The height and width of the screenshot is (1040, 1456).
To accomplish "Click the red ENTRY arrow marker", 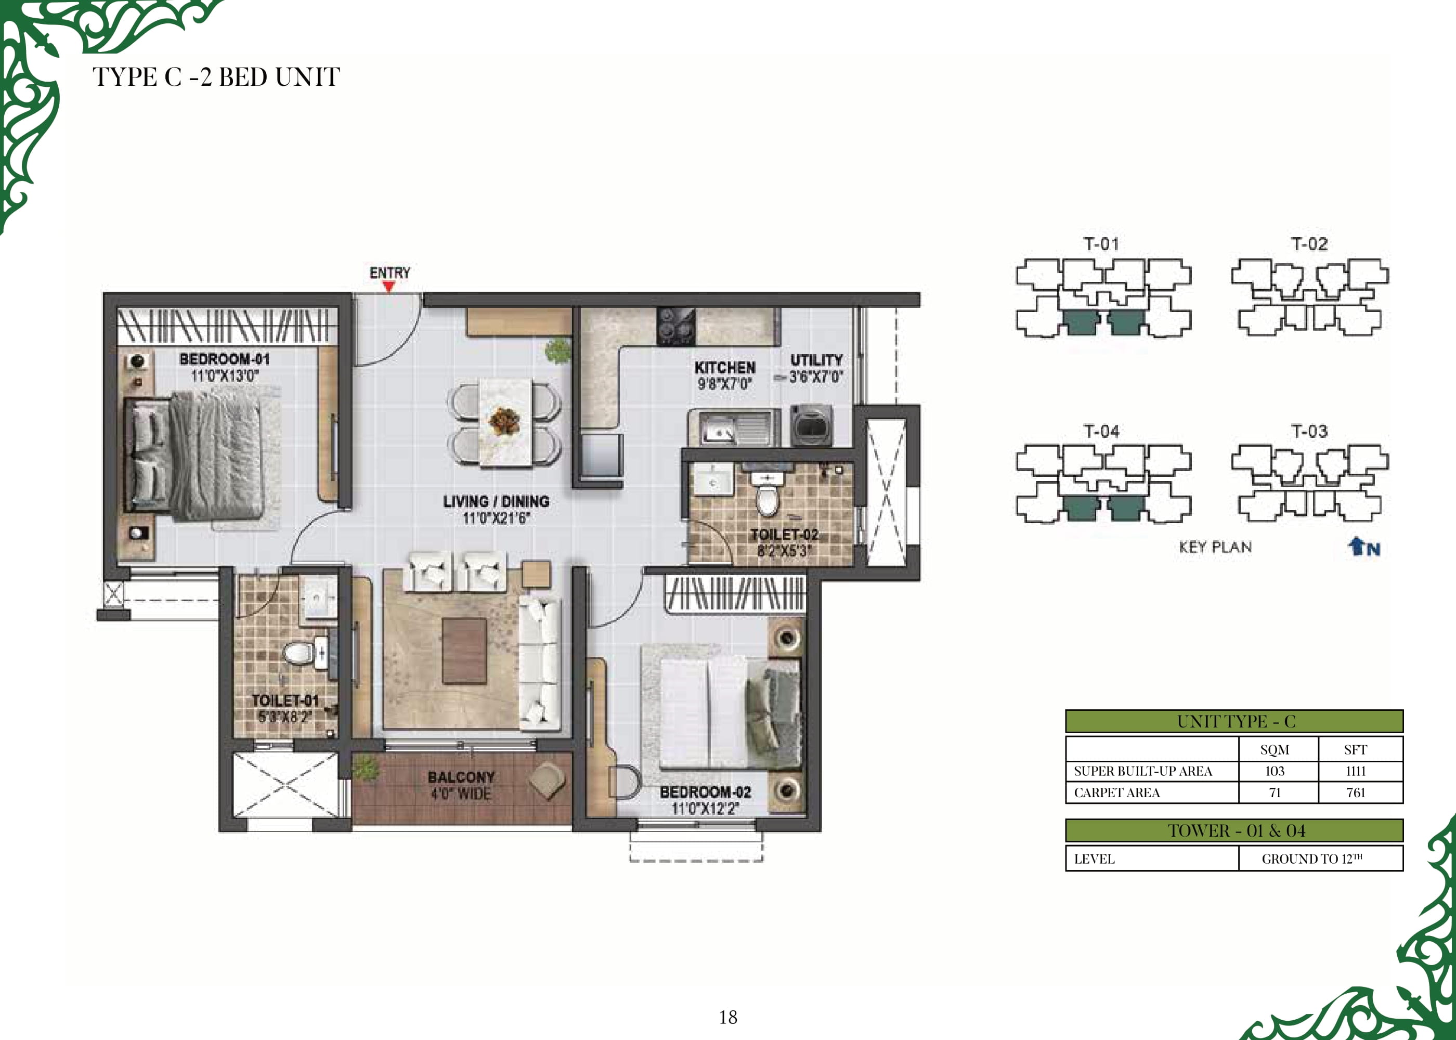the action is [388, 287].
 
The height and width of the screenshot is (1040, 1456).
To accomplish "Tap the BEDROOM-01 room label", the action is [225, 359].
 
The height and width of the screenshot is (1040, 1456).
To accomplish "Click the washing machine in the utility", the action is [812, 425].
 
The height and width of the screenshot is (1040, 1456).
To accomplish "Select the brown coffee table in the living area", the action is [464, 651].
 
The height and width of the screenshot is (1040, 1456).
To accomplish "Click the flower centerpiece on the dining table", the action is [504, 420].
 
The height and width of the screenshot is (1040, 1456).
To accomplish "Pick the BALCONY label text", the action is [461, 777].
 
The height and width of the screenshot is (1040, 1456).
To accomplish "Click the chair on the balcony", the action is [547, 780].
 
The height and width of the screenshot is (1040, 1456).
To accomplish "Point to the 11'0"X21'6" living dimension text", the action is [496, 518].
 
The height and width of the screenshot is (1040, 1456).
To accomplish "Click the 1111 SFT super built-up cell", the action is [1356, 771].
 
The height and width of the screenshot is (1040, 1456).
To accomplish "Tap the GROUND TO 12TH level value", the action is [1312, 859].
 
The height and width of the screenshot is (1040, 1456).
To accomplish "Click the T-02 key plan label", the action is [1309, 244].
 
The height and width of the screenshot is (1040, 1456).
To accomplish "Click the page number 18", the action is [728, 1017].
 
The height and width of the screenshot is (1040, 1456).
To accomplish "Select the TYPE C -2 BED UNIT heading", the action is [216, 77].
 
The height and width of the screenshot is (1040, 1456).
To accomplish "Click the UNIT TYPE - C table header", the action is [1234, 721].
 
